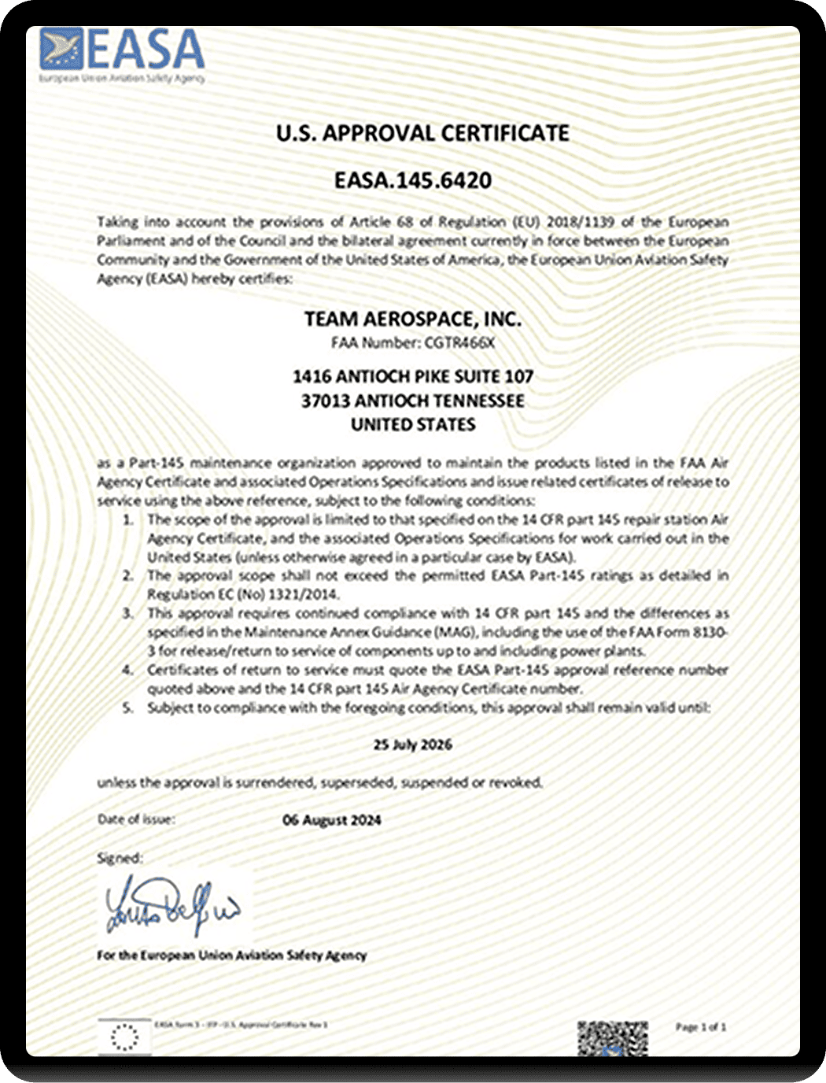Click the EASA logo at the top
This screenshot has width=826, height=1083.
122,54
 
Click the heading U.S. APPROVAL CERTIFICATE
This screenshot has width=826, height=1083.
422,133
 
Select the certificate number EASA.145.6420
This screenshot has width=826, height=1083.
413,180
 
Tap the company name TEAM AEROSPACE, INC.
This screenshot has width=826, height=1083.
413,319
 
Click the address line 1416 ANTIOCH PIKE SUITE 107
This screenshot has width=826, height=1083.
413,376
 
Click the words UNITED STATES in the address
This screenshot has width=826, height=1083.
413,425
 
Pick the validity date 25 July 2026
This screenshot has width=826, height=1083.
413,745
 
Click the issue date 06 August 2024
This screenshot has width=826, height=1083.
331,820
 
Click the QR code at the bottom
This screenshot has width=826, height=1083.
612,1038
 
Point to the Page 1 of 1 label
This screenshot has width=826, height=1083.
701,1027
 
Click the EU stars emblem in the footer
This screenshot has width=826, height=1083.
124,1037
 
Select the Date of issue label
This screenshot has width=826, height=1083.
136,819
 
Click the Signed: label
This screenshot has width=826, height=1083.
120,858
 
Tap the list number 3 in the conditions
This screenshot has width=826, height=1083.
127,613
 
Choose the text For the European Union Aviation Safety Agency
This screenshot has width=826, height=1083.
231,955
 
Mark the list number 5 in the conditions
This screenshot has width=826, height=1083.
127,708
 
